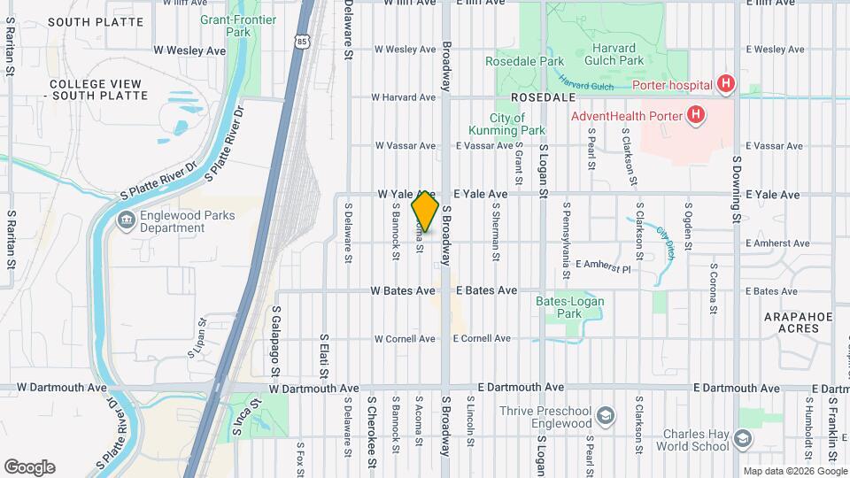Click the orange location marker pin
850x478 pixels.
click(x=425, y=212)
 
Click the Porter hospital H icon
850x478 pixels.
click(x=726, y=85)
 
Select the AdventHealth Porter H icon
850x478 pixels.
click(x=696, y=114)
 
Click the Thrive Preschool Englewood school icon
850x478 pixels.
click(x=605, y=416)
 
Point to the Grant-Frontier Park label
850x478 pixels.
click(x=237, y=26)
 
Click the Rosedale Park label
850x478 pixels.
click(x=524, y=62)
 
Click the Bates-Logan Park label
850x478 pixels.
click(x=570, y=307)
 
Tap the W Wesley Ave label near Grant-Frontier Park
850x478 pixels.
click(x=189, y=51)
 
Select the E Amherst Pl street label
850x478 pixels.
click(x=602, y=266)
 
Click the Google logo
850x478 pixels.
click(x=29, y=466)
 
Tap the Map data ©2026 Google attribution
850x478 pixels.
click(x=794, y=471)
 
